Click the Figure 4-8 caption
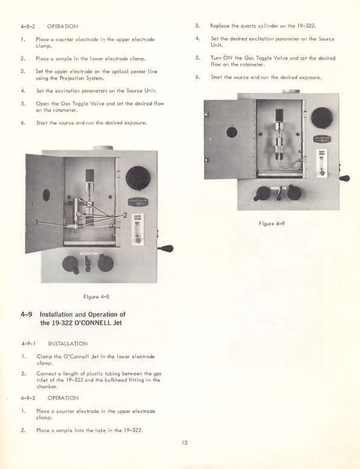95,296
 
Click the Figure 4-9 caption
271,223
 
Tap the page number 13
184,442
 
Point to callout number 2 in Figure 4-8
124,215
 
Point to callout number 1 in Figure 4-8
37,222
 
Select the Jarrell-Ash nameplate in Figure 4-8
138,202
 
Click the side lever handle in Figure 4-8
166,247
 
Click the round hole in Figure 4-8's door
47,195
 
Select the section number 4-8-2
29,27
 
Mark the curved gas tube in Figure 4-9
284,158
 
